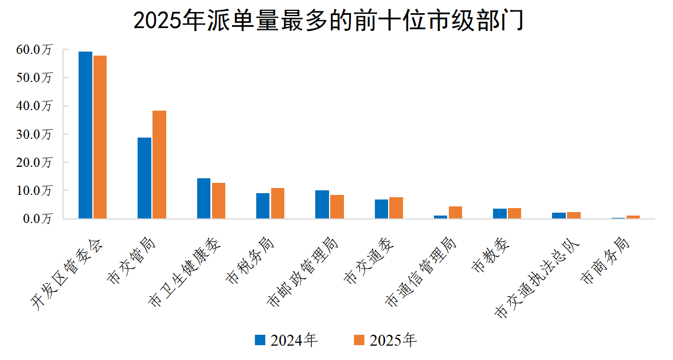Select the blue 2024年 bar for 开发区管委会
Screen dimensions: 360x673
(85, 135)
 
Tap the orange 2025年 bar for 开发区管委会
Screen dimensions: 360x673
(100, 137)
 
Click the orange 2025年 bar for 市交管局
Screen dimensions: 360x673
(159, 165)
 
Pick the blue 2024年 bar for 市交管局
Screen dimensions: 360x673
(144, 178)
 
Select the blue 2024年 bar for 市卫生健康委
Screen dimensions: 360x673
(204, 198)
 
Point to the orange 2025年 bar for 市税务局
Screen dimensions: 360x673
(277, 203)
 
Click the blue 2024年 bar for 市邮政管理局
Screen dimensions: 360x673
(322, 204)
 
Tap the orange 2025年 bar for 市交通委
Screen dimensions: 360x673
(396, 208)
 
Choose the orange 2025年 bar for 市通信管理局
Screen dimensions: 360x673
(455, 212)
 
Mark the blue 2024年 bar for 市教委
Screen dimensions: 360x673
(500, 213)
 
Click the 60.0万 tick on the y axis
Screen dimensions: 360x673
(34, 50)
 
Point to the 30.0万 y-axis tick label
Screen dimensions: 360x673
(34, 134)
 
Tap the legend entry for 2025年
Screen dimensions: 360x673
(385, 341)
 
